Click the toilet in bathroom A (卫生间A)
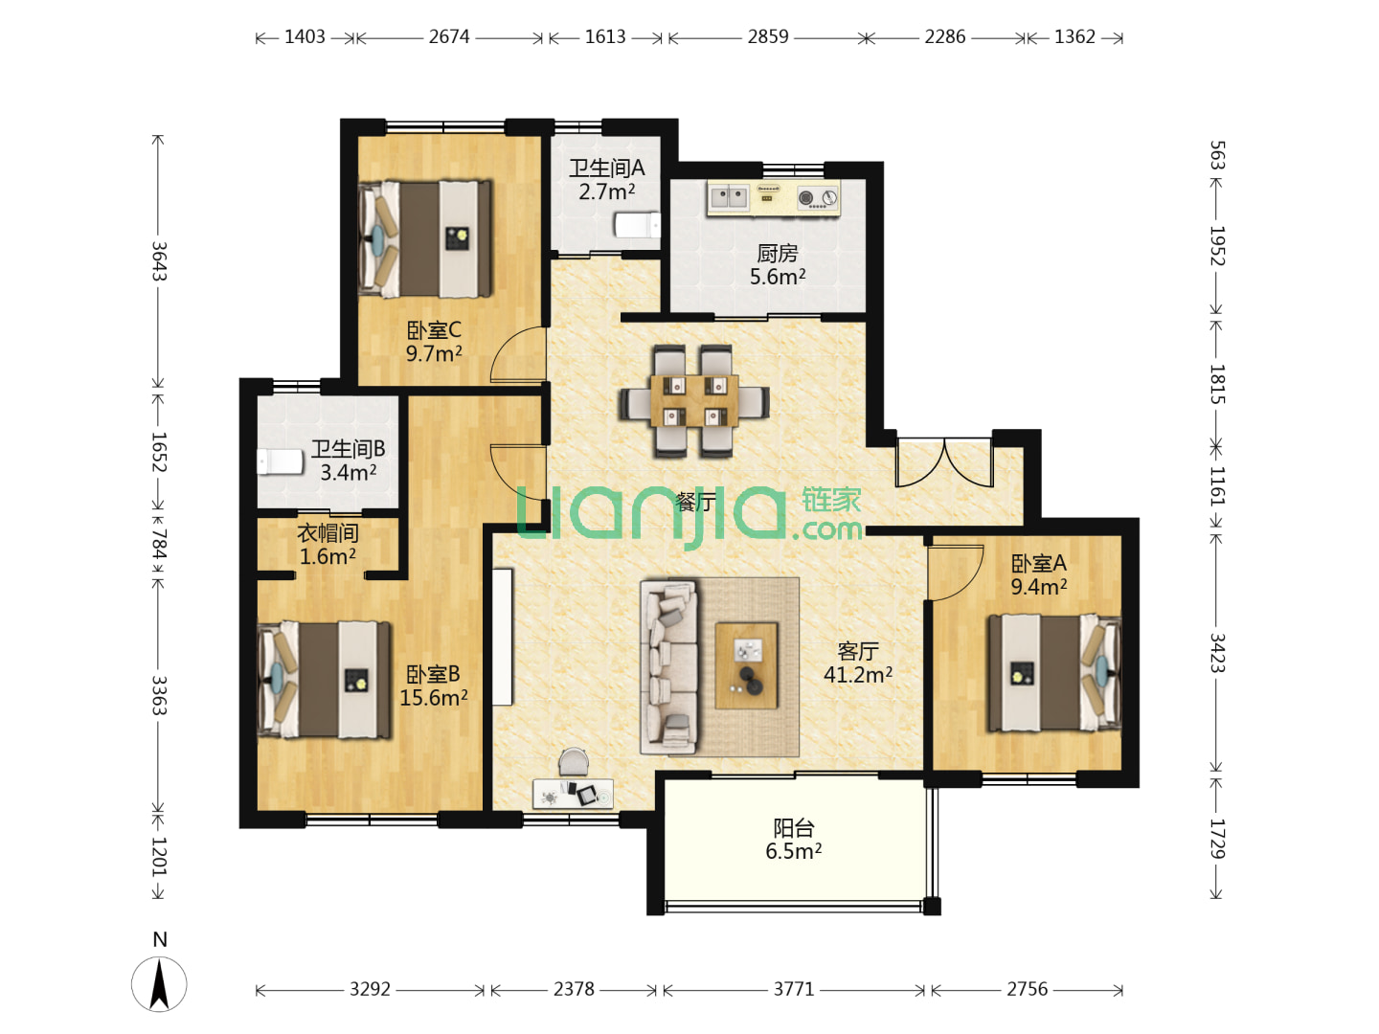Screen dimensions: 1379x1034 click(637, 225)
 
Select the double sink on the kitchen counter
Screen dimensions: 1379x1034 click(728, 197)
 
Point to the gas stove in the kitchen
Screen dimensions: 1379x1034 click(818, 198)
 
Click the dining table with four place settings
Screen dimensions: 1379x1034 click(694, 400)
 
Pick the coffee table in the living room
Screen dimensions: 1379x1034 click(746, 665)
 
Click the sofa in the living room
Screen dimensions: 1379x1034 click(669, 666)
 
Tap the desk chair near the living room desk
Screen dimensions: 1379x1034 click(574, 762)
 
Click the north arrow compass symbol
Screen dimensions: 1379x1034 click(159, 984)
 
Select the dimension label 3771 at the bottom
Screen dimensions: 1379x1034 click(794, 989)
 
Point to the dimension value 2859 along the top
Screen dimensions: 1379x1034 click(768, 37)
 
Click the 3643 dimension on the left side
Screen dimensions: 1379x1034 click(159, 261)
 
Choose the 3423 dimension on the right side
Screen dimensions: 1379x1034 click(1217, 653)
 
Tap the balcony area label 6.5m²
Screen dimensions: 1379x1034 click(794, 851)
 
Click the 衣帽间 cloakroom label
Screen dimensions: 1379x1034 click(328, 533)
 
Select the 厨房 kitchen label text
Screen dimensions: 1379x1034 click(778, 254)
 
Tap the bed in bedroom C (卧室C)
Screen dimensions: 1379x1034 click(425, 238)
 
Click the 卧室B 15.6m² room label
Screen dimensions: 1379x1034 click(434, 686)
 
